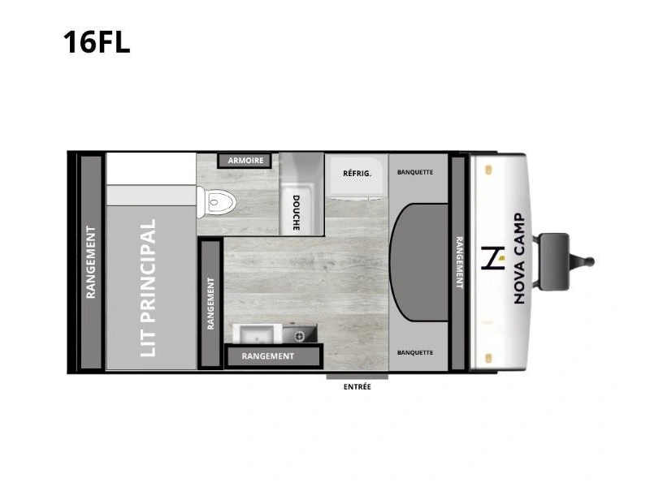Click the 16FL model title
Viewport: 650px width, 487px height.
click(97, 42)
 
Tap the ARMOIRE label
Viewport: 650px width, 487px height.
click(245, 160)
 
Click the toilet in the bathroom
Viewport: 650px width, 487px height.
click(215, 202)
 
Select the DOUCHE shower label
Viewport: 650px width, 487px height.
click(296, 213)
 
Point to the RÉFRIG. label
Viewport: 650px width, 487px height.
click(357, 173)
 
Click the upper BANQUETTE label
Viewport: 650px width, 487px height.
click(415, 172)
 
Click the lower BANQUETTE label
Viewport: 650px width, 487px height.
click(415, 353)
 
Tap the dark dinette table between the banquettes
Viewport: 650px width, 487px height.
click(418, 262)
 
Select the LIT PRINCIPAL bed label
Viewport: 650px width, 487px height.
click(148, 288)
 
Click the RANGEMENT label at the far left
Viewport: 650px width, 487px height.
click(91, 262)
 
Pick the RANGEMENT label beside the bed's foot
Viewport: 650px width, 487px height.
click(210, 304)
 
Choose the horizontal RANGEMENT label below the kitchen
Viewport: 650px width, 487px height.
click(268, 356)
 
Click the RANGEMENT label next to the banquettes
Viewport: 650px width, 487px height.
click(459, 262)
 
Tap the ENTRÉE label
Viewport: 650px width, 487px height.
click(357, 387)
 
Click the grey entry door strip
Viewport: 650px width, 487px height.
click(357, 377)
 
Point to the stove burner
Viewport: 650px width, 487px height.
click(299, 337)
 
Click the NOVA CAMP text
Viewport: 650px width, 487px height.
click(519, 259)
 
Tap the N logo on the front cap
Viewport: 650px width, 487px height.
click(493, 258)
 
